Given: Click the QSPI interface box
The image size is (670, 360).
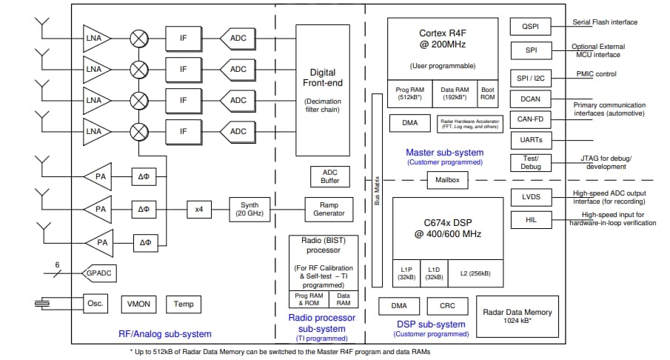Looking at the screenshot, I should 530,26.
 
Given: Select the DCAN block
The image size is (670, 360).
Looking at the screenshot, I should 530,99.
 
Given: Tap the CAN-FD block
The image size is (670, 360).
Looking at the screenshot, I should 530,119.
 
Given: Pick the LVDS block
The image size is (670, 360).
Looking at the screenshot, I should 530,197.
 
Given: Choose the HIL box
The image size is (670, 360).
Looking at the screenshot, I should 530,219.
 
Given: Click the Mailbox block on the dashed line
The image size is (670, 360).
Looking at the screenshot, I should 447,180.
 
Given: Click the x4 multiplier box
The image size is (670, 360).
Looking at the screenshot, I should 199,209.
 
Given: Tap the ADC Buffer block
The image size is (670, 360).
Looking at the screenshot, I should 329,176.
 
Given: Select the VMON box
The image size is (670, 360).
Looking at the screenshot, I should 138,304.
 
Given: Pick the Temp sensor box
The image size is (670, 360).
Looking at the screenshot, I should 183,304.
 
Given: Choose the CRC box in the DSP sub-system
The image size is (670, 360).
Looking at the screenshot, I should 447,306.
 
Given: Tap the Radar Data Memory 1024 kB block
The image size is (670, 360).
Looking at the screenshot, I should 517,316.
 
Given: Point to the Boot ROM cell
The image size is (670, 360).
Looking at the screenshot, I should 488,93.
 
